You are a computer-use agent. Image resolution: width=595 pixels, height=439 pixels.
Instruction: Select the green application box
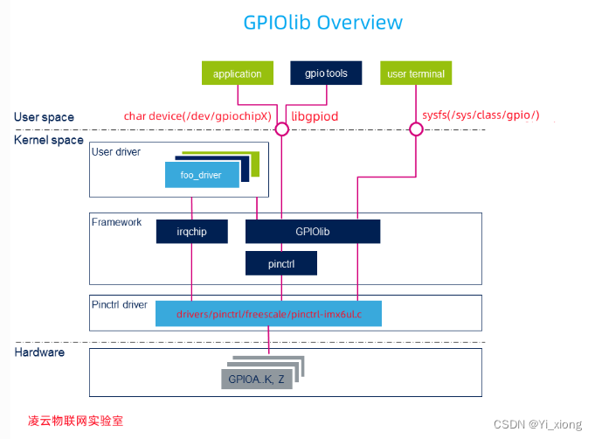pos(237,73)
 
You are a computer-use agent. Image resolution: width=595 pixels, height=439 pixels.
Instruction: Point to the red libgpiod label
pos(315,116)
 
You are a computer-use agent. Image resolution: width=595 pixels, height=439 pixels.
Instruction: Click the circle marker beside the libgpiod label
pos(281,129)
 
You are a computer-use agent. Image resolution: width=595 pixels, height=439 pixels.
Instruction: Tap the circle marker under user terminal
pos(416,129)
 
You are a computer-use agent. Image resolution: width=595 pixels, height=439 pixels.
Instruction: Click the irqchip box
pos(191,232)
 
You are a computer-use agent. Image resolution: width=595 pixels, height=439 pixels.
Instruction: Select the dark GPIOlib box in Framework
pos(312,232)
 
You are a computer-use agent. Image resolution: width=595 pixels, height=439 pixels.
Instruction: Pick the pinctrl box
pos(280,263)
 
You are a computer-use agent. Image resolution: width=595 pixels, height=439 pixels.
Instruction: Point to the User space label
pos(44,117)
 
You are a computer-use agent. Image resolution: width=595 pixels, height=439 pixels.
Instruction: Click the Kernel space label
pos(49,140)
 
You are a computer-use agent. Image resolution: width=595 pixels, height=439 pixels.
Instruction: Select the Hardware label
pos(39,352)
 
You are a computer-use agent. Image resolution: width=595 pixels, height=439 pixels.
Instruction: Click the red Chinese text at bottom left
pos(75,421)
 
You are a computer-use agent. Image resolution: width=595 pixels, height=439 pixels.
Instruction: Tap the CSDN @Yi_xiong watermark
pos(536,424)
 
